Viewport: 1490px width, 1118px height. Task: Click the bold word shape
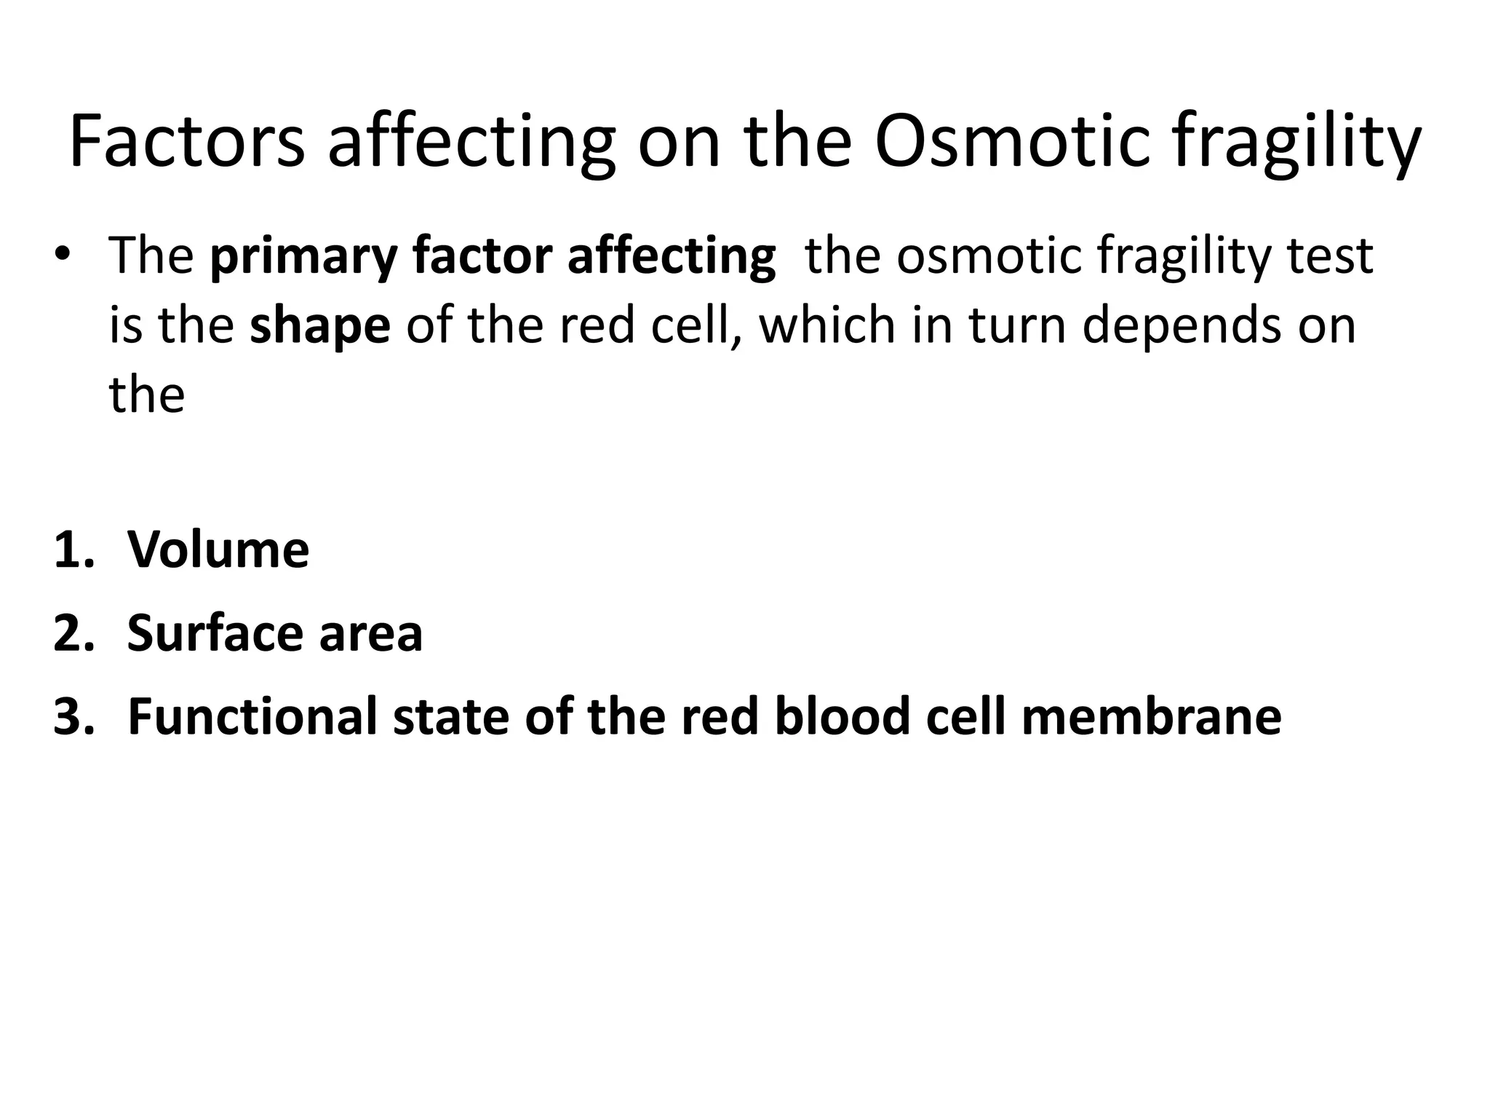[319, 327]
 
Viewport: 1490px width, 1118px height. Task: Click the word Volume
[218, 549]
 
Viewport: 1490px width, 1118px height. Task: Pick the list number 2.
[73, 633]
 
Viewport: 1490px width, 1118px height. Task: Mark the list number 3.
[73, 716]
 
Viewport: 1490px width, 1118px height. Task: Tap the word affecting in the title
[471, 143]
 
